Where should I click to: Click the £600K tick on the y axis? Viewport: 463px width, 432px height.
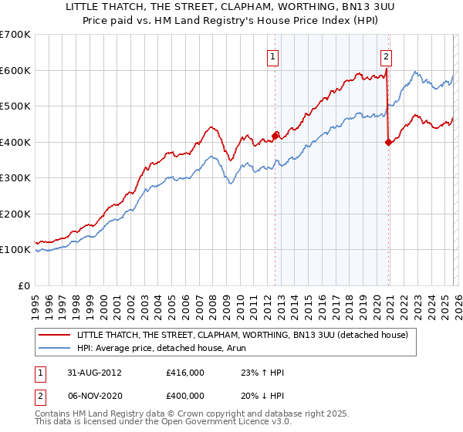point(15,70)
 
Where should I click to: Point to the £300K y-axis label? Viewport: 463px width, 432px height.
point(15,177)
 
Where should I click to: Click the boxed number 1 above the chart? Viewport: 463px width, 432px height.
point(274,56)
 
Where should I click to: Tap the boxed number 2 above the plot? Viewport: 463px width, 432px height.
point(386,56)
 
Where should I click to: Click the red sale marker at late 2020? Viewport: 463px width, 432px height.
point(388,142)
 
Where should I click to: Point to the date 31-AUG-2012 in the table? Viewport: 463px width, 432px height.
point(93,372)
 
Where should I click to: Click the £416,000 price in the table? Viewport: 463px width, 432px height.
point(185,372)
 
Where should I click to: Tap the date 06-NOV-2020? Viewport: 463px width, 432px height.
point(93,395)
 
